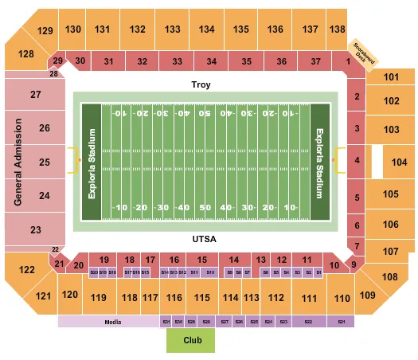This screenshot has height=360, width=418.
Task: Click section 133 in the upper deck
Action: (173, 29)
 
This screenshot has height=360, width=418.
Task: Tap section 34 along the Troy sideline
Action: (211, 61)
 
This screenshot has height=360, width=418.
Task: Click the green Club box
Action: (189, 341)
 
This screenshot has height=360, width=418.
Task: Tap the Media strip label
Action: (111, 322)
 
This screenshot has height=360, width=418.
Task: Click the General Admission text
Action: (16, 162)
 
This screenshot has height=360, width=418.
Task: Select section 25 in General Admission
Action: (45, 162)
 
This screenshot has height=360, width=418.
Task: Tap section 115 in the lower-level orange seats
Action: (202, 298)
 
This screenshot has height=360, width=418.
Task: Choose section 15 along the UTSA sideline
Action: (202, 260)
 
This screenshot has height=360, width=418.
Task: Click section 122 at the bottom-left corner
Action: (26, 270)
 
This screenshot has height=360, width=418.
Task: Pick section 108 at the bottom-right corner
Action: (389, 277)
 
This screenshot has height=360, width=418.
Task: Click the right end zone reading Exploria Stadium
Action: (320, 162)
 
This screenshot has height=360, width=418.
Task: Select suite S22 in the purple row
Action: (307, 322)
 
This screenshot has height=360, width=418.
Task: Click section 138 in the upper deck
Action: (338, 29)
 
